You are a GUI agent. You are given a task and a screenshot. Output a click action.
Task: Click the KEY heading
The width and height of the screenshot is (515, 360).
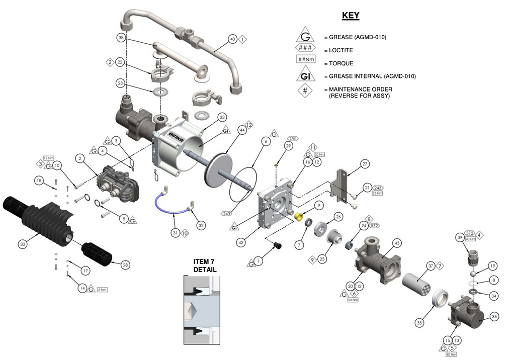[351, 15]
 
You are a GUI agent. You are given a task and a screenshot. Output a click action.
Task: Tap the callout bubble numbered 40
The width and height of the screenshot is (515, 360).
[232, 39]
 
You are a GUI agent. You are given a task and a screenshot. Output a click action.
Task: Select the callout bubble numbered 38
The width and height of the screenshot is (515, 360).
[121, 38]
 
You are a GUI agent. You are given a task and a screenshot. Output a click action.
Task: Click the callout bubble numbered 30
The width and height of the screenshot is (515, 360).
[22, 244]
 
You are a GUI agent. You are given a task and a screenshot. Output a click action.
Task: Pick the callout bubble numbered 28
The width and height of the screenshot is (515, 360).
[125, 264]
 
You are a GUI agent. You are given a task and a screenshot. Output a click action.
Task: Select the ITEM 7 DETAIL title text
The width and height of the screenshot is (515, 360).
[205, 265]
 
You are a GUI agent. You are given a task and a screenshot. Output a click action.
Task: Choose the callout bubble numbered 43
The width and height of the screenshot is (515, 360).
[397, 243]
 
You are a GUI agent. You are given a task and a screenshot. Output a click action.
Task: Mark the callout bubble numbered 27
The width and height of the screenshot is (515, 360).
[365, 163]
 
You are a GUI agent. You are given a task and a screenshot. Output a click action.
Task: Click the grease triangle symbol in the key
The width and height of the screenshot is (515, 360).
[305, 37]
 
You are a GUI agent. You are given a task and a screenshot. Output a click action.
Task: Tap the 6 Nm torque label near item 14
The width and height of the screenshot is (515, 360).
[102, 290]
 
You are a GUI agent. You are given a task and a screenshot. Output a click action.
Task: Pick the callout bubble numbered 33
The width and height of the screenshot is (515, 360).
[222, 117]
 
